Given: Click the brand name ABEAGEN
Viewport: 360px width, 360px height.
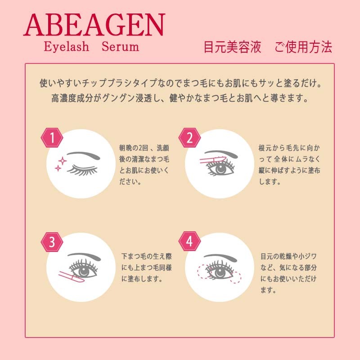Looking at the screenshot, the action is tap(94, 25).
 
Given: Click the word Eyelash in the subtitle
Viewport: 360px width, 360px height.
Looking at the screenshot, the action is tap(66, 47).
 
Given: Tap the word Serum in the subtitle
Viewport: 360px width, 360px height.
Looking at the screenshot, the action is tap(120, 46).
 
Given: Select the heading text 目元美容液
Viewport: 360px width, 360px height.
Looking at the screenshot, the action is tap(232, 47).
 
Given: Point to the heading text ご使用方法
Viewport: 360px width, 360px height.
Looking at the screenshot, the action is tap(303, 47).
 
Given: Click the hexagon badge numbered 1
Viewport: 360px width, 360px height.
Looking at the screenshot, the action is tap(52, 138).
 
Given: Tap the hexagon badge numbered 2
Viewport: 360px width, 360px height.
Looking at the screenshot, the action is tap(189, 138).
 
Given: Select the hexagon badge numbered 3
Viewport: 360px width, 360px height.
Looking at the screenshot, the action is tap(52, 242).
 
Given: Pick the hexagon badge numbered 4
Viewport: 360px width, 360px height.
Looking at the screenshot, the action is tap(189, 242).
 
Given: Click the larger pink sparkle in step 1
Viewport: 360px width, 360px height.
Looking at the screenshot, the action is tap(62, 161).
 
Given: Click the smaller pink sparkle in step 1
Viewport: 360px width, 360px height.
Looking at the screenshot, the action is tap(58, 168).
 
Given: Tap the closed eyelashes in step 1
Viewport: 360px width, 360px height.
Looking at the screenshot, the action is tap(82, 170).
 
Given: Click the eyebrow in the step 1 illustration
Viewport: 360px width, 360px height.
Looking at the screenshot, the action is tap(84, 155).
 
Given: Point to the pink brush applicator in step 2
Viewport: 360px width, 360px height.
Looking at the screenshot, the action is tap(213, 160).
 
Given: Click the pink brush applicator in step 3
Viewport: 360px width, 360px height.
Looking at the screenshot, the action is tap(72, 277).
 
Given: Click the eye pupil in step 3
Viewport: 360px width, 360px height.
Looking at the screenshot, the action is tap(84, 271).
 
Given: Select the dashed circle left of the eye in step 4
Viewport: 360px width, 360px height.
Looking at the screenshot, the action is tap(203, 271).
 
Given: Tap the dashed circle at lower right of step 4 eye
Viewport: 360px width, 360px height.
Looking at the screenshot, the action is tap(235, 277).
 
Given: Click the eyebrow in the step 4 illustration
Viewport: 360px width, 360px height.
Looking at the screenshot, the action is tap(220, 257).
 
